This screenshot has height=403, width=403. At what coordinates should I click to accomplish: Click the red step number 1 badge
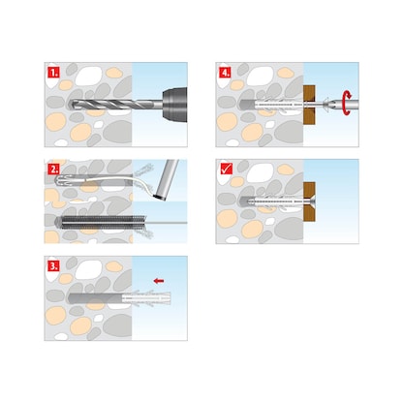click(x=55, y=71)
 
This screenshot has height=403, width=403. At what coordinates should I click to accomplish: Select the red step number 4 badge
click(x=225, y=71)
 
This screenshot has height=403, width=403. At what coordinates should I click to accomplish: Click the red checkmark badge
click(x=225, y=168)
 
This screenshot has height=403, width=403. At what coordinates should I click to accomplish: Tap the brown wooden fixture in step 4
click(x=307, y=100)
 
